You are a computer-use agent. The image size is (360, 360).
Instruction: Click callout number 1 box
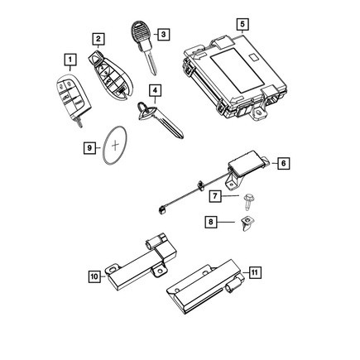point(71,60)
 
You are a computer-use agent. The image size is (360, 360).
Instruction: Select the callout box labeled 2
point(98,38)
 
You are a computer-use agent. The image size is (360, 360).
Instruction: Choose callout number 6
point(282,164)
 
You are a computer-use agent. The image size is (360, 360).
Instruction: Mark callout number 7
point(214,197)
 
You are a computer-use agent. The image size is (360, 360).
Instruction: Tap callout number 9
point(89,148)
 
